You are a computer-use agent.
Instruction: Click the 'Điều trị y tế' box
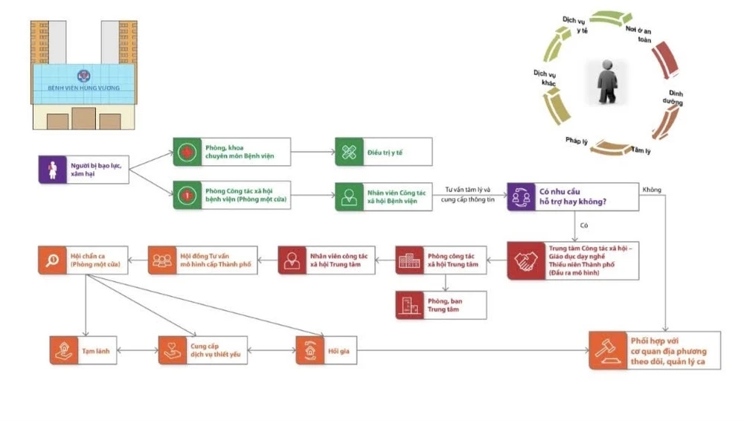coord(383,152)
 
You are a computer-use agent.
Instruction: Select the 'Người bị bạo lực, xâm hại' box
coord(83,169)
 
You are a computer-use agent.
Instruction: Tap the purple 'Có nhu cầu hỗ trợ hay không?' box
coord(572,197)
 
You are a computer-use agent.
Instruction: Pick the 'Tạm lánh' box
coord(84,350)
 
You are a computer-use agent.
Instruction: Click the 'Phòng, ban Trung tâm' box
coord(441,305)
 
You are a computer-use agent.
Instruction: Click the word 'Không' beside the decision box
coord(651,190)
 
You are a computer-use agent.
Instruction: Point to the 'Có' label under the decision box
coord(584,225)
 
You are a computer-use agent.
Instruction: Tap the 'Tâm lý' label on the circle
coord(641,150)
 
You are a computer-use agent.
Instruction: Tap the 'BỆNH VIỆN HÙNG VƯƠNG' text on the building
coord(83,88)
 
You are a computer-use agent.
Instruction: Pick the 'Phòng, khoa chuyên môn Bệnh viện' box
coord(231,152)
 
